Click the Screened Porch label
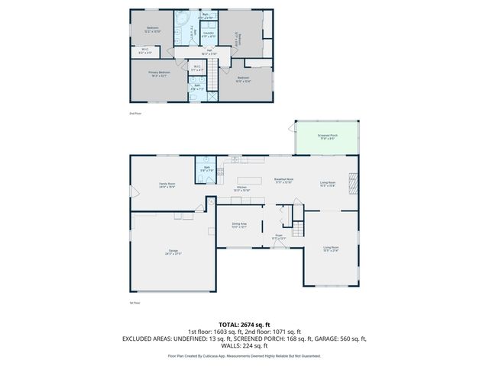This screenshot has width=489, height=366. point(327,136)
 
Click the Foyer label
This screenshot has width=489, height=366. point(279,237)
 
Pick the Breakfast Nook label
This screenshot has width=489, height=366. point(283,181)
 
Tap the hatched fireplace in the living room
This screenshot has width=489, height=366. point(352,184)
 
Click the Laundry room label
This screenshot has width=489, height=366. point(208,34)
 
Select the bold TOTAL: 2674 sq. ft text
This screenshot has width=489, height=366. point(244,324)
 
